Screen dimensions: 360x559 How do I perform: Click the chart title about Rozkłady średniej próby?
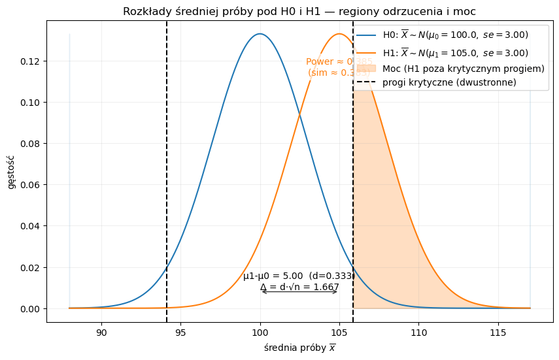click(299, 11)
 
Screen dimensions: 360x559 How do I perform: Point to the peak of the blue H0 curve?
click(260, 34)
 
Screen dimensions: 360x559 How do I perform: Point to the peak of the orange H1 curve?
click(339, 34)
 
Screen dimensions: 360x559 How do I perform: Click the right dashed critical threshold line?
click(353, 196)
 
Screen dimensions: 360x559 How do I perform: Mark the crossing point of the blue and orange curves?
click(300, 116)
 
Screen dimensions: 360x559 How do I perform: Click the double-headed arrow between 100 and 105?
click(299, 291)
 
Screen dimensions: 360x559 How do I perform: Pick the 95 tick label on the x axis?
click(181, 332)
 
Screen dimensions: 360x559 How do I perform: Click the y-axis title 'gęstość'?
click(11, 171)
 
